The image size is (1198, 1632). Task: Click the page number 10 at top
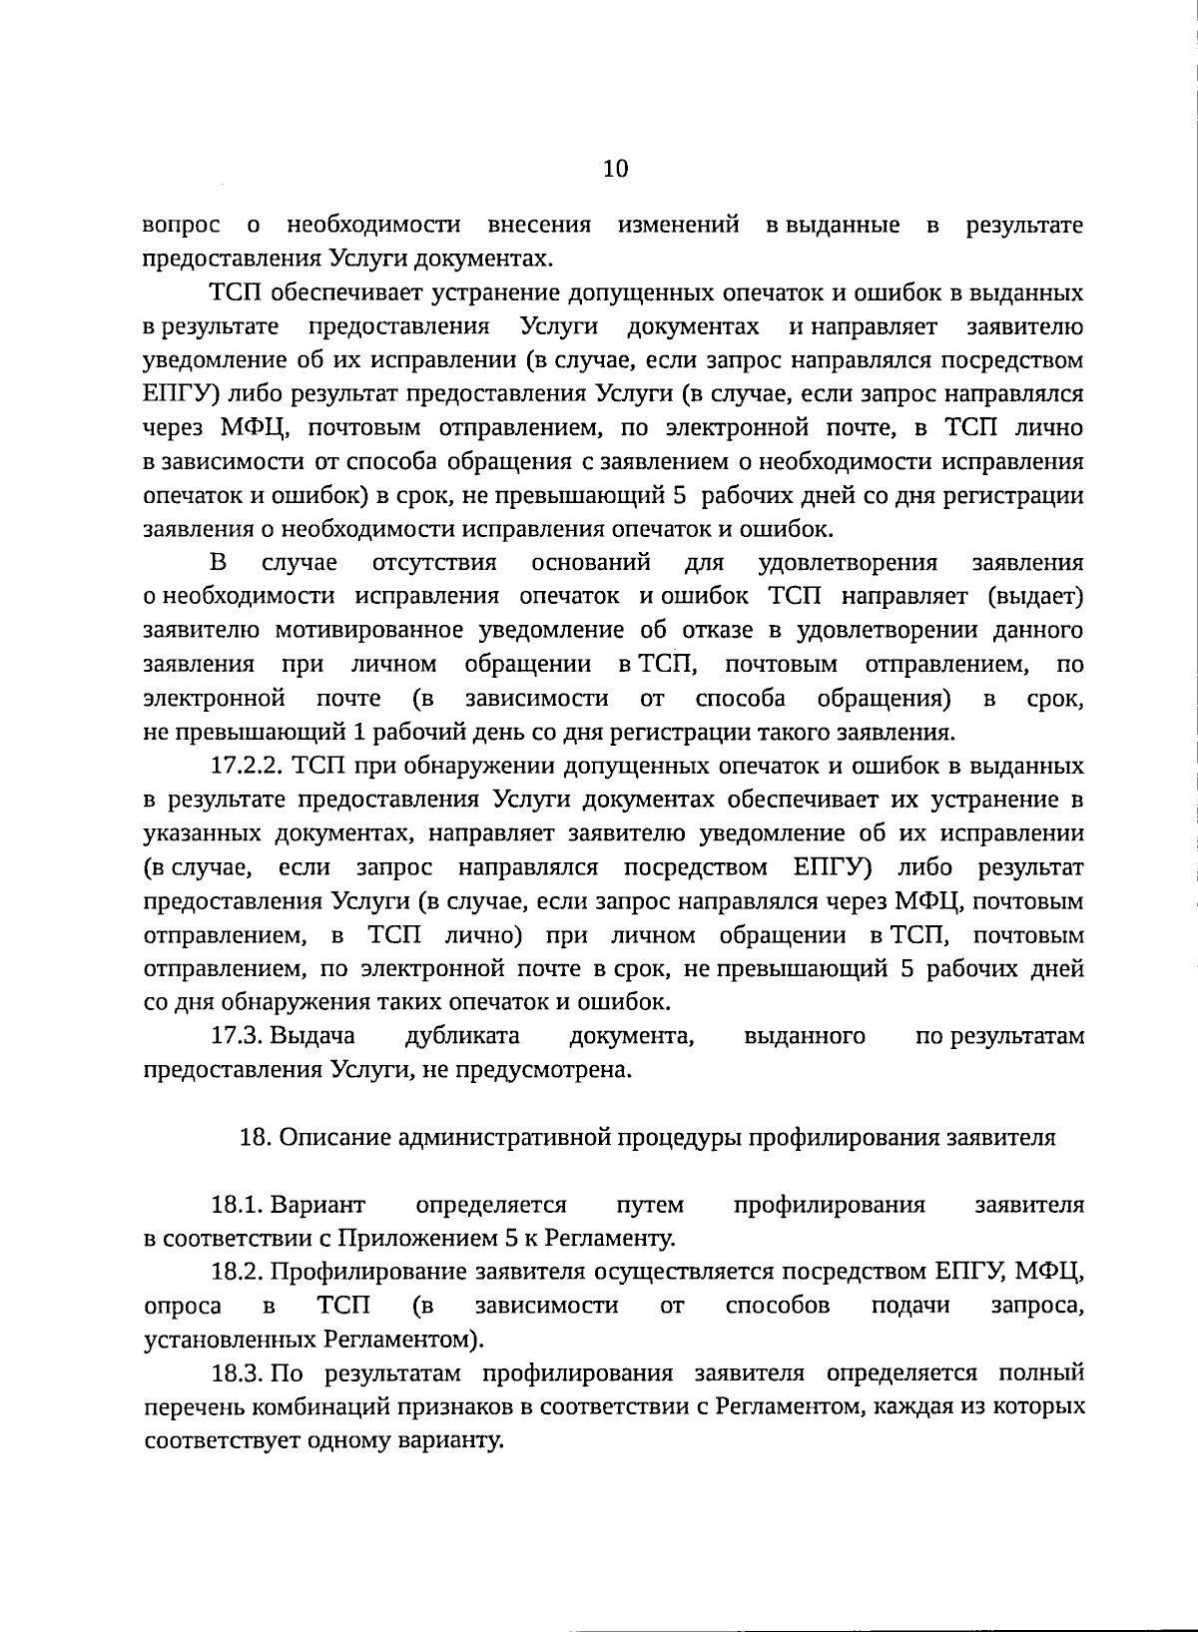(615, 169)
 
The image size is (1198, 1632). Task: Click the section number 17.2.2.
(249, 767)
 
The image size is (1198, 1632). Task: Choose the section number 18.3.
(238, 1373)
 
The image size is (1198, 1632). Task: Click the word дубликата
(462, 1036)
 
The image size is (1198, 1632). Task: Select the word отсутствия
(433, 563)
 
